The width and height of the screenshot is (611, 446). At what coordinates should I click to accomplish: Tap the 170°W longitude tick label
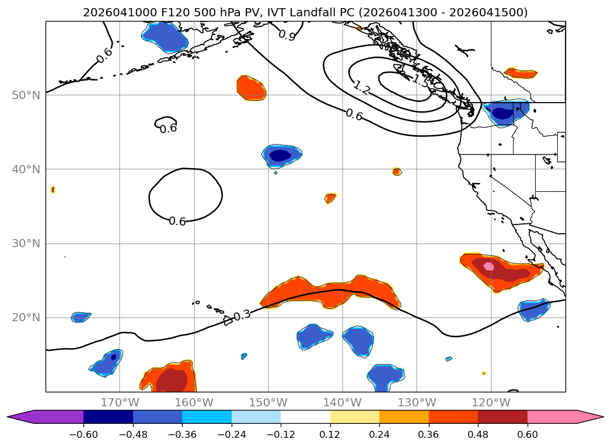pyautogui.click(x=120, y=403)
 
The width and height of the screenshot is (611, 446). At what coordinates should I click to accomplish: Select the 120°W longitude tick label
pyautogui.click(x=491, y=403)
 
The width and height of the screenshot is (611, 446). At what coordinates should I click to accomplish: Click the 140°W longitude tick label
pyautogui.click(x=342, y=403)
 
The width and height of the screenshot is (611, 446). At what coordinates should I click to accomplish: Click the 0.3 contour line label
pyautogui.click(x=241, y=315)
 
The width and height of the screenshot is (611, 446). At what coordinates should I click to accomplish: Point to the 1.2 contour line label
pyautogui.click(x=361, y=89)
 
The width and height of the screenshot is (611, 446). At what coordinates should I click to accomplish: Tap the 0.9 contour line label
pyautogui.click(x=287, y=36)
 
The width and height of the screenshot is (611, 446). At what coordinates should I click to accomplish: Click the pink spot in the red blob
pyautogui.click(x=488, y=266)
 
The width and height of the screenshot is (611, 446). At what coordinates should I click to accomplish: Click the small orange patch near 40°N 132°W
pyautogui.click(x=397, y=171)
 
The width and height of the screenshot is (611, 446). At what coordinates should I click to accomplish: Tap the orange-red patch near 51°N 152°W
pyautogui.click(x=252, y=87)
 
